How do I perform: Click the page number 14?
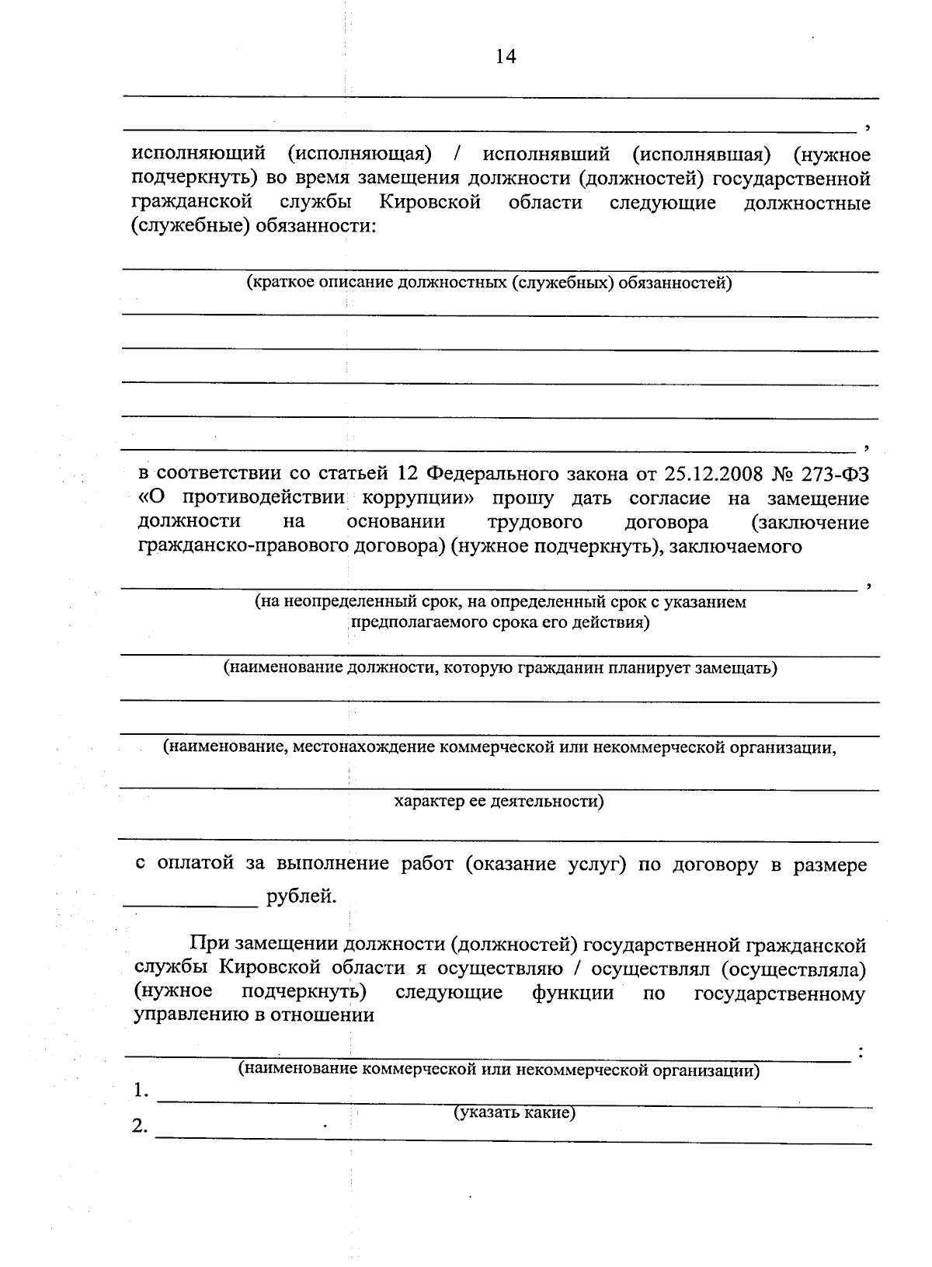pos(505,57)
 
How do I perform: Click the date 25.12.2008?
pos(711,473)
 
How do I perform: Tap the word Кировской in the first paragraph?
pos(430,203)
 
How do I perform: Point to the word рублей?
pos(301,896)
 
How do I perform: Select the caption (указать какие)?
pos(514,1112)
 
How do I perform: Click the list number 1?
pos(141,1091)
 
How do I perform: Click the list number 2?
pos(141,1126)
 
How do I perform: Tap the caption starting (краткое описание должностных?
pos(489,283)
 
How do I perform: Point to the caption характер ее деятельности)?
pos(499,800)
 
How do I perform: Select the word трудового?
pos(535,521)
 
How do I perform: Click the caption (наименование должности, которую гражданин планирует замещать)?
pos(501,667)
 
